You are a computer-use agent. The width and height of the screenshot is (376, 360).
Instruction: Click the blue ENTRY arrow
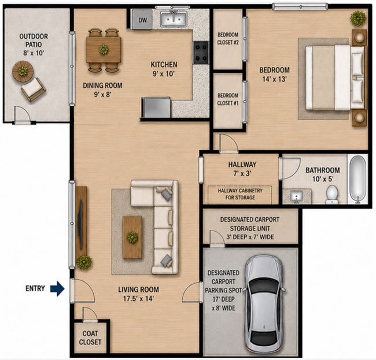tap(57, 288)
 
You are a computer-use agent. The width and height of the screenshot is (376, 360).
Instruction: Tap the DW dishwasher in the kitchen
tap(142, 20)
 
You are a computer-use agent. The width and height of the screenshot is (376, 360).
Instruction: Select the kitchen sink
tap(174, 19)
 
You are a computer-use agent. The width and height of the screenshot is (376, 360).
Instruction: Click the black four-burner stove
tap(201, 53)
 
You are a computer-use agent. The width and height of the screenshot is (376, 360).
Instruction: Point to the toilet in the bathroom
tap(332, 195)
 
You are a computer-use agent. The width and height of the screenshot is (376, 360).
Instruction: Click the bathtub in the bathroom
tap(357, 179)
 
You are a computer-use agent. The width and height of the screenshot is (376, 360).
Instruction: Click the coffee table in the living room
tap(132, 237)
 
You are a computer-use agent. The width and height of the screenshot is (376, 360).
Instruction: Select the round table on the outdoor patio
tap(23, 72)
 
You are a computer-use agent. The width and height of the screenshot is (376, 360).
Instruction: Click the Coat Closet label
tap(90, 337)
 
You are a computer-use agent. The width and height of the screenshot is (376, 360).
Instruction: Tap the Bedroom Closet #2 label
tap(228, 39)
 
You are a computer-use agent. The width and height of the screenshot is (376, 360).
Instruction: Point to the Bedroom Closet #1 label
tap(228, 99)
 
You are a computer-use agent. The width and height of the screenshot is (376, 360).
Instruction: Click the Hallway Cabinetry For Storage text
tap(240, 194)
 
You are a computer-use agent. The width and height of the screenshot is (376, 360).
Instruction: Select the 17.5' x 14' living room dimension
tap(138, 299)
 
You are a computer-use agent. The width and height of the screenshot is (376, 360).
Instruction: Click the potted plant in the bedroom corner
tap(358, 18)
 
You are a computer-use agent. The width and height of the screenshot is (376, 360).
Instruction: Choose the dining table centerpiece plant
tap(104, 50)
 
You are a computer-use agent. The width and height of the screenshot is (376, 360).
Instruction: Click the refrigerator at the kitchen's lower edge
tap(156, 107)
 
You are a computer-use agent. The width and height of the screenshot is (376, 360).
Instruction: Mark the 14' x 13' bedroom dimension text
tap(274, 79)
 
